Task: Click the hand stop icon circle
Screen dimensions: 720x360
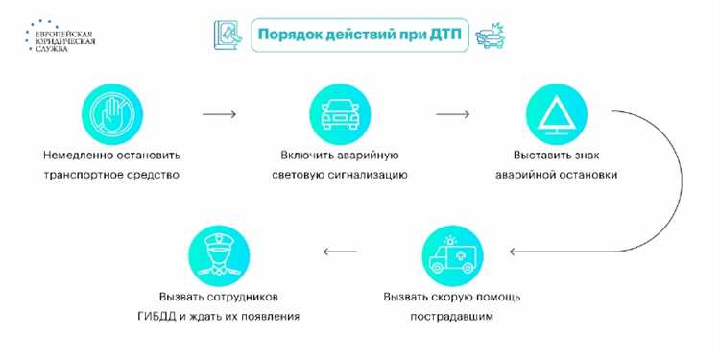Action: (111, 114)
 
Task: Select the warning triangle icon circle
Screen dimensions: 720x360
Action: (557, 114)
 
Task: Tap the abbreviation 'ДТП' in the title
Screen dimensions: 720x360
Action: (443, 34)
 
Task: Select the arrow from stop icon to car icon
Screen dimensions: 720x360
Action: (220, 114)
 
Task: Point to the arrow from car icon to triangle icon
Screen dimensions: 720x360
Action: (451, 114)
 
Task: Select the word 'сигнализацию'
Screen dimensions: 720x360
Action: (372, 175)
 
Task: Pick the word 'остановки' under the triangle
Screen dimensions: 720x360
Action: (587, 175)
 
